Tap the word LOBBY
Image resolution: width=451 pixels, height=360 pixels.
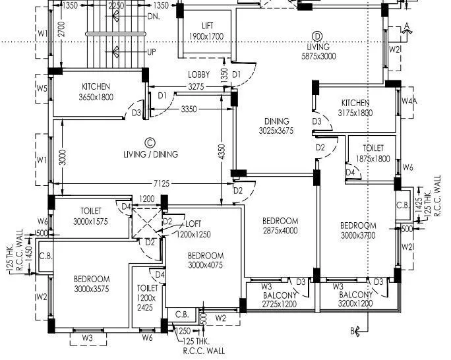[x=198, y=75]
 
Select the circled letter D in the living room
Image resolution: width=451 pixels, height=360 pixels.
[x=317, y=36]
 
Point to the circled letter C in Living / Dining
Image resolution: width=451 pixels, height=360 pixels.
[x=150, y=142]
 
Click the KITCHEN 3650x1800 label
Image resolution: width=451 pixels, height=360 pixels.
[x=96, y=92]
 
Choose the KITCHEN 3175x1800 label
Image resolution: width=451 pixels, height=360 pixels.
[x=355, y=107]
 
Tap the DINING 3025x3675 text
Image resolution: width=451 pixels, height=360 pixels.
[x=276, y=126]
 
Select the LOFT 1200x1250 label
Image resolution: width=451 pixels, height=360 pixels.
[x=193, y=228]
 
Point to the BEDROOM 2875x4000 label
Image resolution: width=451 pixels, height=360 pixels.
[x=280, y=225]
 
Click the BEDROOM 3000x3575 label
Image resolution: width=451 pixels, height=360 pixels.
[x=92, y=284]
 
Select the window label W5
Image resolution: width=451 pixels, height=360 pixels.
[x=42, y=88]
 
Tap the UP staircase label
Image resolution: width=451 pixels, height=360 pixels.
[x=152, y=51]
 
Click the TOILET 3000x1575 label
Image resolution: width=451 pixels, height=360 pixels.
[x=91, y=216]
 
